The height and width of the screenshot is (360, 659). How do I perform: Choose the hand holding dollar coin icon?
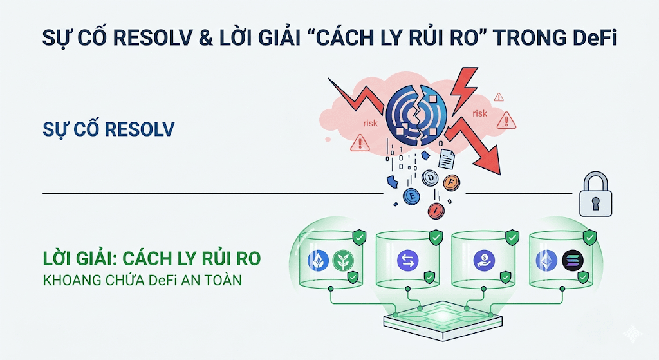coord(483,260)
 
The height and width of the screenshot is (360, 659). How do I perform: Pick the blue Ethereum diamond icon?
coord(545,260)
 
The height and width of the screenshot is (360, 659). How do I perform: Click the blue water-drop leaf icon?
coord(317,260)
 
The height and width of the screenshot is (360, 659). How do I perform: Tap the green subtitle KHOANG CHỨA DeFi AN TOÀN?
coord(142,281)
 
